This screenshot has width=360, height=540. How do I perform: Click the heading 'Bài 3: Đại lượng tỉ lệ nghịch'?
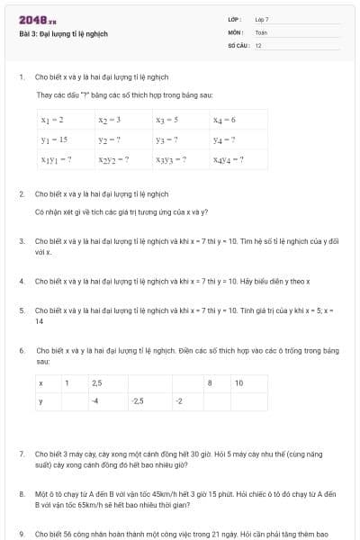tap(63, 33)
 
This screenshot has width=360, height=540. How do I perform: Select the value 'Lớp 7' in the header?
tap(262, 19)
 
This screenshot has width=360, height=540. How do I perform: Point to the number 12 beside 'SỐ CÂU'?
tap(258, 45)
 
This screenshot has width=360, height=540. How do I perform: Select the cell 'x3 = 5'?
tap(166, 120)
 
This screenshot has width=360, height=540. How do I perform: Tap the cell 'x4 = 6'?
tap(224, 120)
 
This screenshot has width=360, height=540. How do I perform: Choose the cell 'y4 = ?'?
tap(224, 139)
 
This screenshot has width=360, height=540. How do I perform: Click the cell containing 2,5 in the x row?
tap(97, 382)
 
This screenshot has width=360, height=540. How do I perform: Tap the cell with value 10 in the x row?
tap(238, 382)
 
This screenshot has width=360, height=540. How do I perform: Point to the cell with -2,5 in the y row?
tap(138, 400)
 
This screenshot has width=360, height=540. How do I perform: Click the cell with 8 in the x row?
tap(210, 382)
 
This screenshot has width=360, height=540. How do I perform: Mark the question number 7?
tap(21, 454)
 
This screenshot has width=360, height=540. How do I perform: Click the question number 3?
tap(21, 241)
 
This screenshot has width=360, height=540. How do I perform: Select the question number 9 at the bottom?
tap(21, 534)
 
